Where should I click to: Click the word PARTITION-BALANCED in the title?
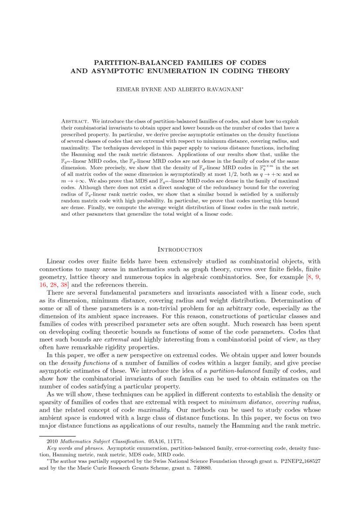click(x=130, y=63)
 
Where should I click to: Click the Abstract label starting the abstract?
click(x=75, y=121)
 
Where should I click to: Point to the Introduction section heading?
click(x=180, y=249)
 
